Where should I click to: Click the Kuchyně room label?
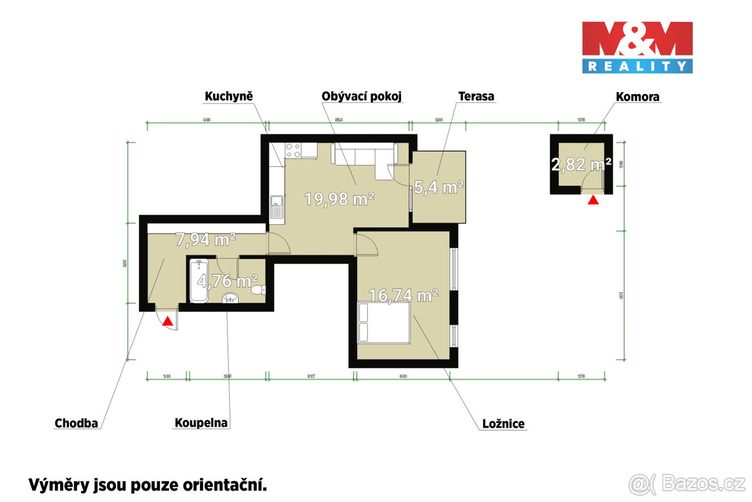coord(229,97)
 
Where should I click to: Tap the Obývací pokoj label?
coord(361,97)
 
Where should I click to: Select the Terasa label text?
coord(476,97)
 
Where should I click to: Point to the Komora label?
coord(637,97)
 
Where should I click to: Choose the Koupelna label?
coord(201,423)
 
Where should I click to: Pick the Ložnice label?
coord(503,425)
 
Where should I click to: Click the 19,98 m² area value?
coord(339,200)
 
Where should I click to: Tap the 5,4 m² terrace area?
coord(439,187)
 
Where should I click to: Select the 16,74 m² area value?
coord(403,296)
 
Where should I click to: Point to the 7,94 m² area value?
coord(206,239)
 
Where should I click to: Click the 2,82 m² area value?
coord(581,165)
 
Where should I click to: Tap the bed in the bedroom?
coord(384,323)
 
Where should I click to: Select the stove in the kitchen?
coord(293,150)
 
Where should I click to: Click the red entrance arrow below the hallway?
coord(167,322)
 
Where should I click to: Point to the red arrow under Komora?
coord(593,200)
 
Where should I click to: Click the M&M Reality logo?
coord(637,47)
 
